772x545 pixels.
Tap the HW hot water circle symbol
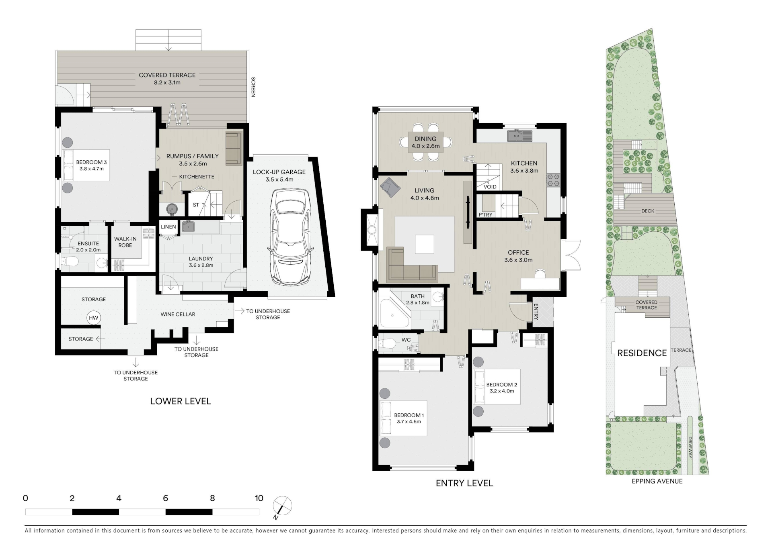click(93, 318)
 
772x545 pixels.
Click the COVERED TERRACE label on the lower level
click(167, 75)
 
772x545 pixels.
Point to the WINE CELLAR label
click(178, 314)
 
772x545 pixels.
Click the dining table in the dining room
click(425, 142)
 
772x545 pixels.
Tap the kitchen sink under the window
click(519, 136)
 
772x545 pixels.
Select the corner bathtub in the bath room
click(394, 314)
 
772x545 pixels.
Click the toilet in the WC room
click(386, 344)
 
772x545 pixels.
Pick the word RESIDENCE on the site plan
click(642, 353)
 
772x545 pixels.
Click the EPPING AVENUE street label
click(657, 481)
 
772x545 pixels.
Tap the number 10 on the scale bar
click(259, 498)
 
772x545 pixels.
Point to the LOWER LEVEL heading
click(181, 401)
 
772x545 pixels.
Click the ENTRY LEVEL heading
click(464, 483)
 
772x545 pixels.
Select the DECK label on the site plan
click(648, 211)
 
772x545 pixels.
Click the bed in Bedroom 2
click(497, 387)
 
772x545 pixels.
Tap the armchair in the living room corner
click(389, 188)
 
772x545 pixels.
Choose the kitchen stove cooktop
click(553, 180)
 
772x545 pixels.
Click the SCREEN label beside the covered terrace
click(253, 87)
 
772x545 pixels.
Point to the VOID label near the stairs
click(490, 187)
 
